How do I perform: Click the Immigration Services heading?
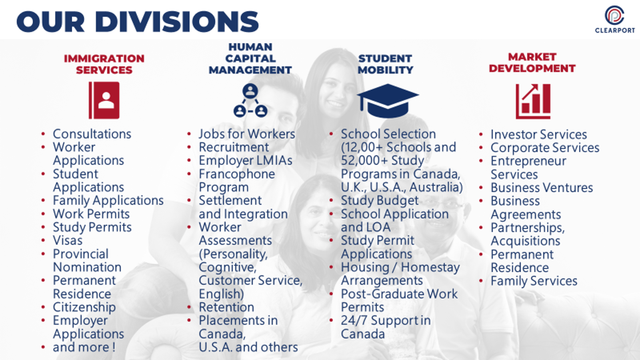(104, 64)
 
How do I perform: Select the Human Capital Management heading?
(250, 58)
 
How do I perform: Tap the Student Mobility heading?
(386, 64)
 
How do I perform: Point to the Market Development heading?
(532, 62)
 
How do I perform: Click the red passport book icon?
(104, 100)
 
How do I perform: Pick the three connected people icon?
(250, 100)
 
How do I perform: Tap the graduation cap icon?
(388, 100)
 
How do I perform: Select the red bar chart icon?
(533, 102)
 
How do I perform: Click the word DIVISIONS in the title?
(177, 22)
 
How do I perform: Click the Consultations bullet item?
(92, 134)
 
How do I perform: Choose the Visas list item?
(68, 240)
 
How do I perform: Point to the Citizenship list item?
(84, 307)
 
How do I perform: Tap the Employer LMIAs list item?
(246, 160)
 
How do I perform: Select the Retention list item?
(226, 307)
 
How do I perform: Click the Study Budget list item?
(380, 200)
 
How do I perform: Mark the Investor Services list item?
(538, 134)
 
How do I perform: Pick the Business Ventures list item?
(542, 188)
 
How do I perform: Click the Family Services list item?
(534, 281)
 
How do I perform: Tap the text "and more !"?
(84, 347)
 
